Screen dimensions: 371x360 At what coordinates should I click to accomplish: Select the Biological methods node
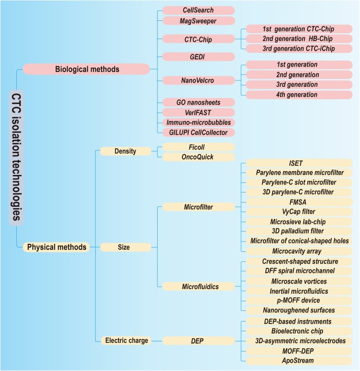pos(87,69)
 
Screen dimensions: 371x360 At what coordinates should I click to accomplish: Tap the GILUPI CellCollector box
pos(197,133)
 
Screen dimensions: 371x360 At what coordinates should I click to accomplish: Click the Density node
pos(125,151)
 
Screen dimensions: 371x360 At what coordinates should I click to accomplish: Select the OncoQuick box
pos(197,157)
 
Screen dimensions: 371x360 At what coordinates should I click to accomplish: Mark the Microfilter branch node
pos(197,207)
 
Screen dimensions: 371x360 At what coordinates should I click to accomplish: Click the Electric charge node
pos(125,340)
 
